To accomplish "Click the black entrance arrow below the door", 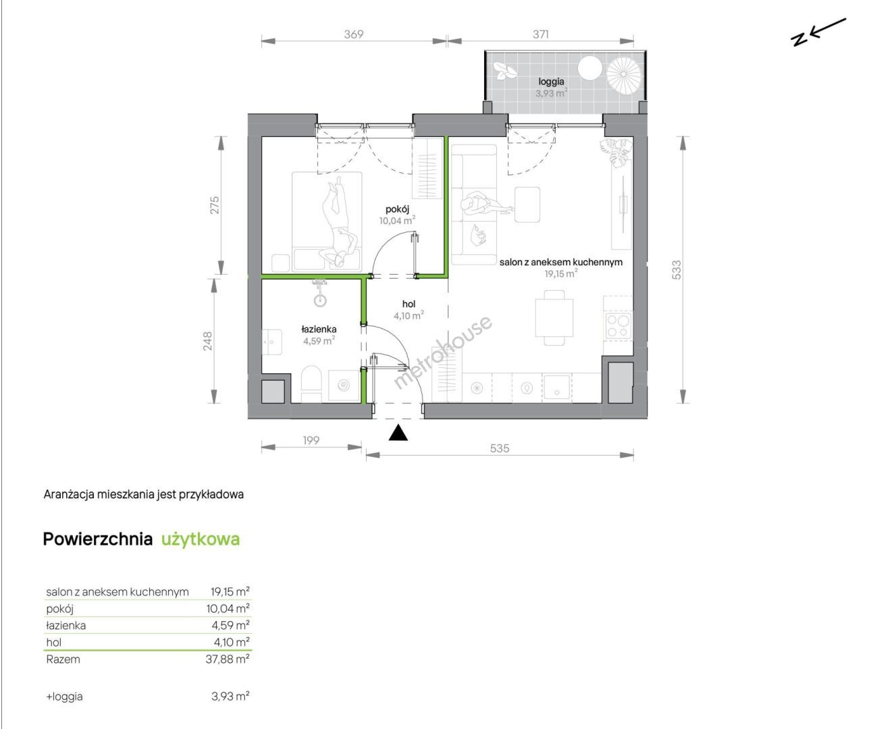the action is [398, 433].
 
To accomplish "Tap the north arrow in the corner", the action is [818, 32].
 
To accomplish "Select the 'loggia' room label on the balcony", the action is [551, 82].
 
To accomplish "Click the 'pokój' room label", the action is [398, 209].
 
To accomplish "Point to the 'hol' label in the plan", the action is [409, 304].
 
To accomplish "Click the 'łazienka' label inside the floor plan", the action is [319, 329].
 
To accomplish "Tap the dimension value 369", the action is [354, 34].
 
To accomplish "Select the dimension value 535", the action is [500, 448].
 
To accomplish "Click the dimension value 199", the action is [311, 441].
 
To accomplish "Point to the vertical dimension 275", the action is [215, 205].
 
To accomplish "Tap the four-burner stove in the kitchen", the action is [618, 325].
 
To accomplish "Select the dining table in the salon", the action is [554, 317].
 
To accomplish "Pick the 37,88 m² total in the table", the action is [228, 659].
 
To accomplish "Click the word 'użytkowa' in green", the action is [201, 539].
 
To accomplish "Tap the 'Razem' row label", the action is [63, 659].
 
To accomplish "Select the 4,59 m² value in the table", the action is [232, 625].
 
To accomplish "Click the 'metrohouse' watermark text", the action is [442, 352].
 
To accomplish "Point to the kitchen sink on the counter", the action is [557, 387].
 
